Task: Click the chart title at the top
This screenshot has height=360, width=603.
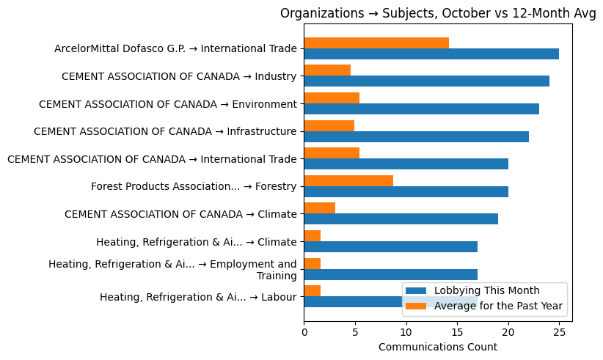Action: (x=438, y=14)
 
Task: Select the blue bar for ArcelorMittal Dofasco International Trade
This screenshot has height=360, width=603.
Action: (x=431, y=54)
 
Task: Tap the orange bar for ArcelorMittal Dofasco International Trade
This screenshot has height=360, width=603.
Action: (x=376, y=43)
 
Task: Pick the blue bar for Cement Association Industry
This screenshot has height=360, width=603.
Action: (x=426, y=81)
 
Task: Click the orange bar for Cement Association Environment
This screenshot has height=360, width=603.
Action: (x=332, y=98)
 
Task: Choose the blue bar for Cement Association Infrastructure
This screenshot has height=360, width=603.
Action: (x=416, y=136)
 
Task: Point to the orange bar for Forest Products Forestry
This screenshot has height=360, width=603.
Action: (x=348, y=180)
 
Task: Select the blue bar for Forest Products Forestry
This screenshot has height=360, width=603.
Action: (x=406, y=191)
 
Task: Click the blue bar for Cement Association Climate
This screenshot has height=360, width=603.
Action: (x=401, y=218)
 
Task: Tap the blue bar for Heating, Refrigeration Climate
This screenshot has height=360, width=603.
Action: (x=390, y=246)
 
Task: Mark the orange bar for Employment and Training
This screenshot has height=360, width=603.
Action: (x=312, y=263)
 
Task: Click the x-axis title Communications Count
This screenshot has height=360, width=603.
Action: (x=437, y=347)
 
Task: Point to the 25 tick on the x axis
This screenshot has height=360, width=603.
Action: (x=559, y=332)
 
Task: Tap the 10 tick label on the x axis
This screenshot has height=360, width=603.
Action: (x=406, y=332)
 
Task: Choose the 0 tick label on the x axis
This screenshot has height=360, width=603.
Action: (x=304, y=332)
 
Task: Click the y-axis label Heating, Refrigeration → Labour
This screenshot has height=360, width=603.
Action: (x=198, y=297)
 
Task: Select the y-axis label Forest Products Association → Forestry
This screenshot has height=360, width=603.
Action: (x=194, y=186)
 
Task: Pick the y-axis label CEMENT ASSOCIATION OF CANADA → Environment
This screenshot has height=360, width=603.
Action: (x=168, y=104)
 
